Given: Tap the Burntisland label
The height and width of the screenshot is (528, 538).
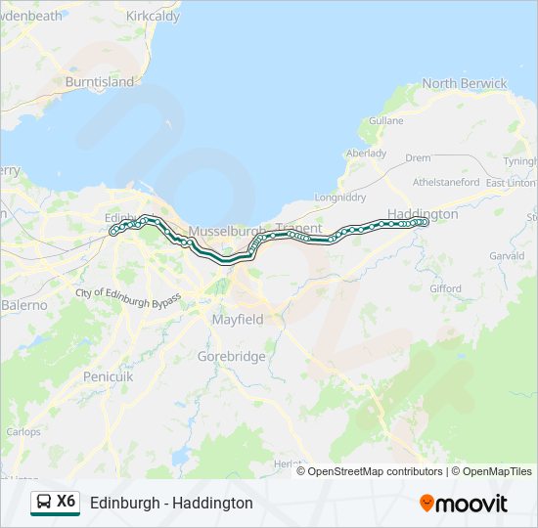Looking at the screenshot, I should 99,82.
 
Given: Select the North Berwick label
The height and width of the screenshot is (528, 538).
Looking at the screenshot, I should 464,83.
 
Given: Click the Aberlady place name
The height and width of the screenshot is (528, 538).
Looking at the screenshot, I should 366,154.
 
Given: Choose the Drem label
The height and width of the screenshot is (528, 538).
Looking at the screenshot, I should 418,157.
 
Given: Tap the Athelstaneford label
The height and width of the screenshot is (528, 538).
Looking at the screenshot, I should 446,182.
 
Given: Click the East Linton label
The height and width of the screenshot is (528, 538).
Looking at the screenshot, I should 511,183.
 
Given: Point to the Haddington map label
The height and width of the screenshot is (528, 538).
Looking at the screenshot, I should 423,213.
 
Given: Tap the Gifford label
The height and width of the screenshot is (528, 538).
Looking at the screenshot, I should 445,288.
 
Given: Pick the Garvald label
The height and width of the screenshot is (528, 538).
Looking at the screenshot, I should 507,255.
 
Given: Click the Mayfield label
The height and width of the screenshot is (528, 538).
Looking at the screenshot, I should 238,319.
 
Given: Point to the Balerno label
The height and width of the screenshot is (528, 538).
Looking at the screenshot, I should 23,305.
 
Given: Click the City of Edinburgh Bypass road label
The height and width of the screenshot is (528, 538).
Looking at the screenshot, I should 128,297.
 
